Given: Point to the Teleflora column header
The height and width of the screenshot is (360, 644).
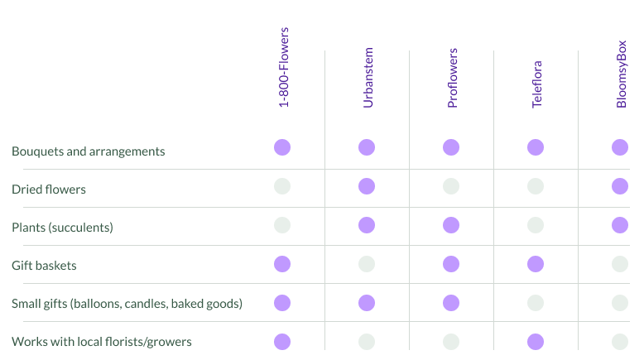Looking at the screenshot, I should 536,84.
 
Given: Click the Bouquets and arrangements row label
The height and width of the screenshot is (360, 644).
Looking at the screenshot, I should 89,151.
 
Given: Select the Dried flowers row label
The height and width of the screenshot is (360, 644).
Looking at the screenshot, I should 49,190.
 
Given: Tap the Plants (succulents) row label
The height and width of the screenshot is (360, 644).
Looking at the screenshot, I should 62,228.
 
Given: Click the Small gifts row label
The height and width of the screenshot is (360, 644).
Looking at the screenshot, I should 127,304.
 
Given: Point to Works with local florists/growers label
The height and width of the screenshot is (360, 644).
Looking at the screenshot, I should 103,342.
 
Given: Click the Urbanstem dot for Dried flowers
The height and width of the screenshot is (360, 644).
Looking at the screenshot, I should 367,186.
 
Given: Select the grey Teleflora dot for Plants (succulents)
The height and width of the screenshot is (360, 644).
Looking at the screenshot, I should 536,224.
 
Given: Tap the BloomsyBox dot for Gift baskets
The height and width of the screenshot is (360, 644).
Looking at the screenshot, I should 620,264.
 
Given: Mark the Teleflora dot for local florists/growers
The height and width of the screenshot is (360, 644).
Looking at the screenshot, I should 536,342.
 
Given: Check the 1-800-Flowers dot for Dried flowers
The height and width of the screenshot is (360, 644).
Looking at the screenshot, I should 282,186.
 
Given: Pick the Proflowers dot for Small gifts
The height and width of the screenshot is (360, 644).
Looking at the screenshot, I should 451,303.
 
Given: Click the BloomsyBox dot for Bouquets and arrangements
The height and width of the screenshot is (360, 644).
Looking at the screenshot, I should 620,147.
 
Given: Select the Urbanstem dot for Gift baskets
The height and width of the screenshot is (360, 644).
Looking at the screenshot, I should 367,264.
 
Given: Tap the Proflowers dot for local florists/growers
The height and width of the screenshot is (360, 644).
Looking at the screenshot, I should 451,342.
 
